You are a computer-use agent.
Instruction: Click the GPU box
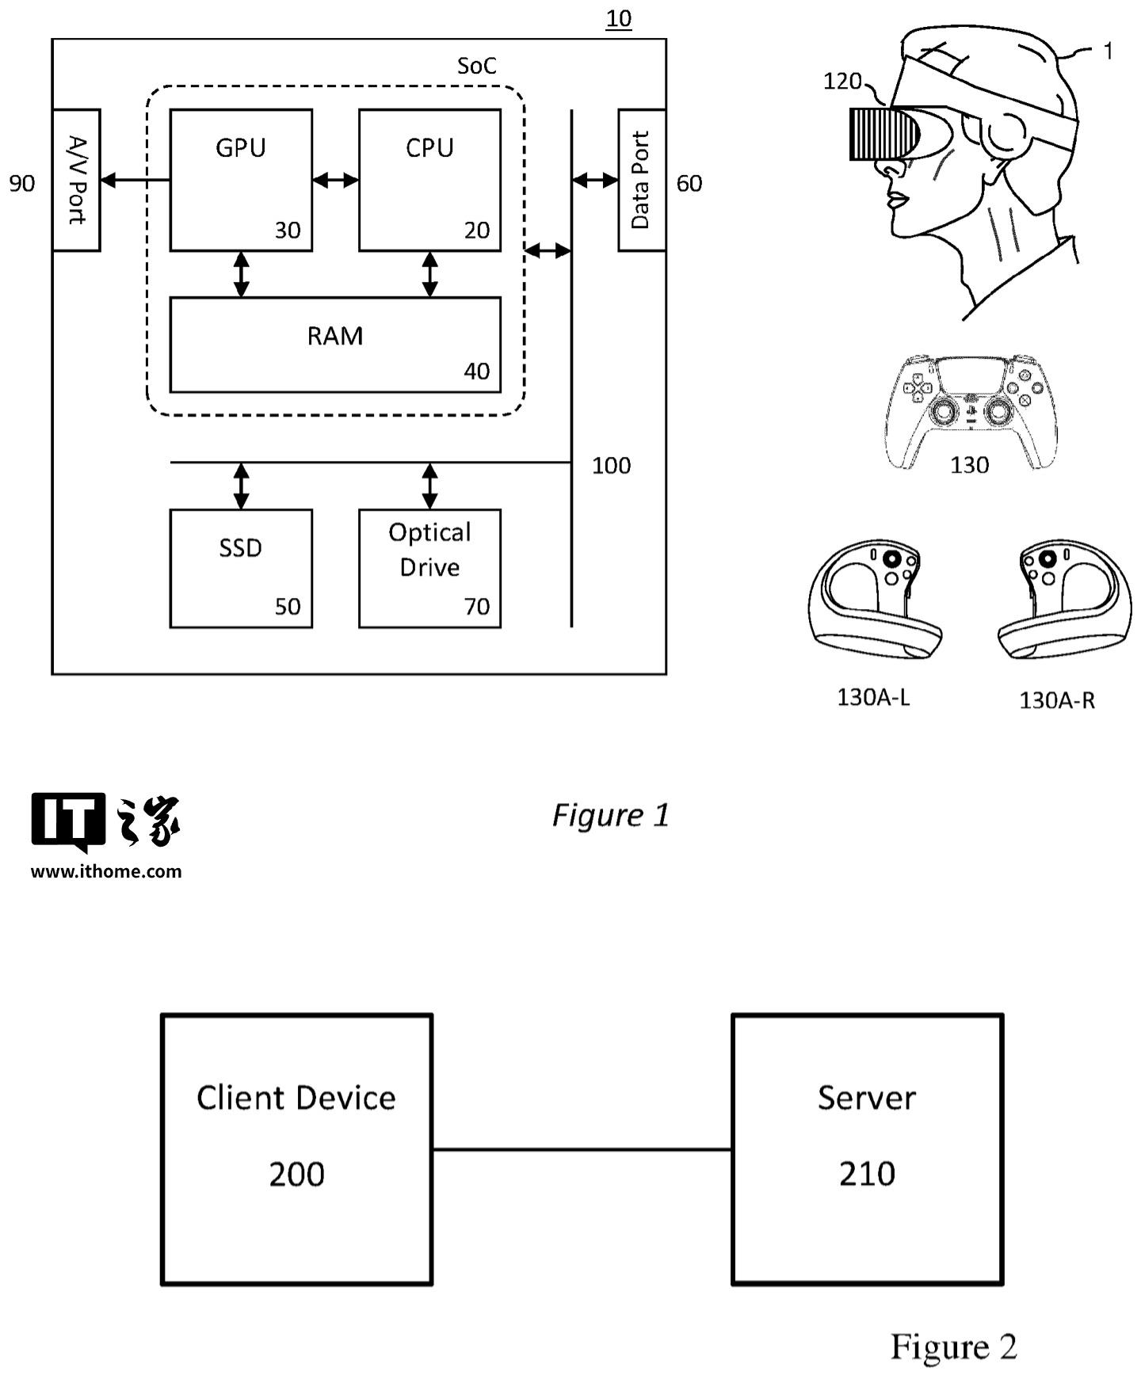click(x=241, y=180)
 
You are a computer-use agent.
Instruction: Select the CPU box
click(x=429, y=180)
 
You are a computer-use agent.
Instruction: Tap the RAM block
click(x=335, y=345)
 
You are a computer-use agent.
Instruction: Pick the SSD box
click(x=241, y=568)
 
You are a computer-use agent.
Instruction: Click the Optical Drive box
click(x=429, y=568)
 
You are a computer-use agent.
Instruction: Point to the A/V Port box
click(x=76, y=180)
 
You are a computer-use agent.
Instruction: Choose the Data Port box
click(x=641, y=180)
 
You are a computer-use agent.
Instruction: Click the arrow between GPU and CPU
click(x=335, y=181)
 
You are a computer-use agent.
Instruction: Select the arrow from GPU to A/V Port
click(x=135, y=181)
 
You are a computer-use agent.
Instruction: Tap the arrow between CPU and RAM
click(x=429, y=274)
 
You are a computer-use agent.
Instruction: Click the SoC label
click(x=476, y=66)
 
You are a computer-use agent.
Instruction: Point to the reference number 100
click(x=611, y=466)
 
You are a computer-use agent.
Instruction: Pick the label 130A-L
click(x=873, y=698)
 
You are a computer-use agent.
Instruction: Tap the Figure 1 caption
click(x=610, y=815)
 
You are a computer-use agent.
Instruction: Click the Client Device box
click(x=296, y=1148)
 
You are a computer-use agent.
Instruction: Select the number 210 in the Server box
click(x=867, y=1174)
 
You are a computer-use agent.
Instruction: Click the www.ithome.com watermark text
click(x=106, y=871)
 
